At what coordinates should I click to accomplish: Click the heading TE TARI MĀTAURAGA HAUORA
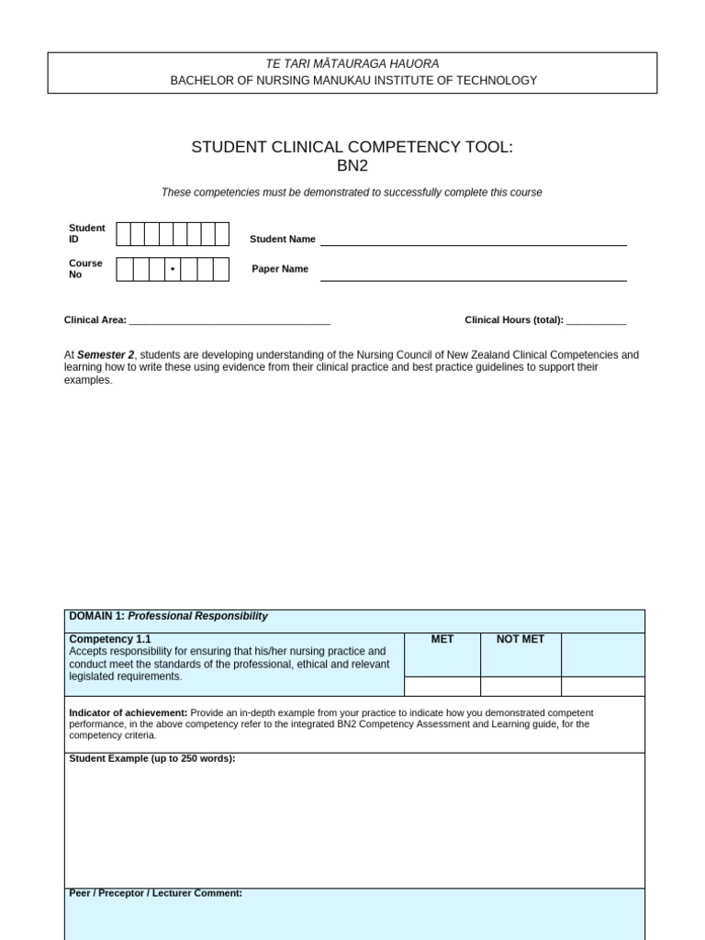point(352,64)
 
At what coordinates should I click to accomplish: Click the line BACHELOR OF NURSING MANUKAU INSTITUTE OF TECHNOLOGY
point(353,81)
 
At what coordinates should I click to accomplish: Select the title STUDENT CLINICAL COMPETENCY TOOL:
point(352,147)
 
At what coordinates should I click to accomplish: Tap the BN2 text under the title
point(352,166)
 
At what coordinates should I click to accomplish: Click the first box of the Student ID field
point(123,234)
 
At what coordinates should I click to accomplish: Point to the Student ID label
point(86,233)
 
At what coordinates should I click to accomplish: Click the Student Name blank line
point(473,239)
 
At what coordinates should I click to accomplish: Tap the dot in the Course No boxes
point(172,269)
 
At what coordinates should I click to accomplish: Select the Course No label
point(85,268)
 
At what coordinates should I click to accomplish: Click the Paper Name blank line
point(473,274)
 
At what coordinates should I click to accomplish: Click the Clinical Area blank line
point(229,320)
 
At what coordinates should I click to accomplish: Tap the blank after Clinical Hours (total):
point(596,320)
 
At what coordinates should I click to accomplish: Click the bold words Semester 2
point(106,355)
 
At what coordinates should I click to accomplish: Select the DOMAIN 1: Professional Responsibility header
point(168,616)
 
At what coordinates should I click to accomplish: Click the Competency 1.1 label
point(109,639)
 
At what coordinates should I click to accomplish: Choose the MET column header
point(442,639)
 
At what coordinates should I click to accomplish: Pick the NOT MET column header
point(520,639)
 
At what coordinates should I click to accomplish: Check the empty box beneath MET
point(442,686)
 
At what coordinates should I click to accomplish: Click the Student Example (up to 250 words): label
point(151,758)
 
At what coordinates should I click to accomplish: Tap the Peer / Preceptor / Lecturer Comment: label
point(155,892)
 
